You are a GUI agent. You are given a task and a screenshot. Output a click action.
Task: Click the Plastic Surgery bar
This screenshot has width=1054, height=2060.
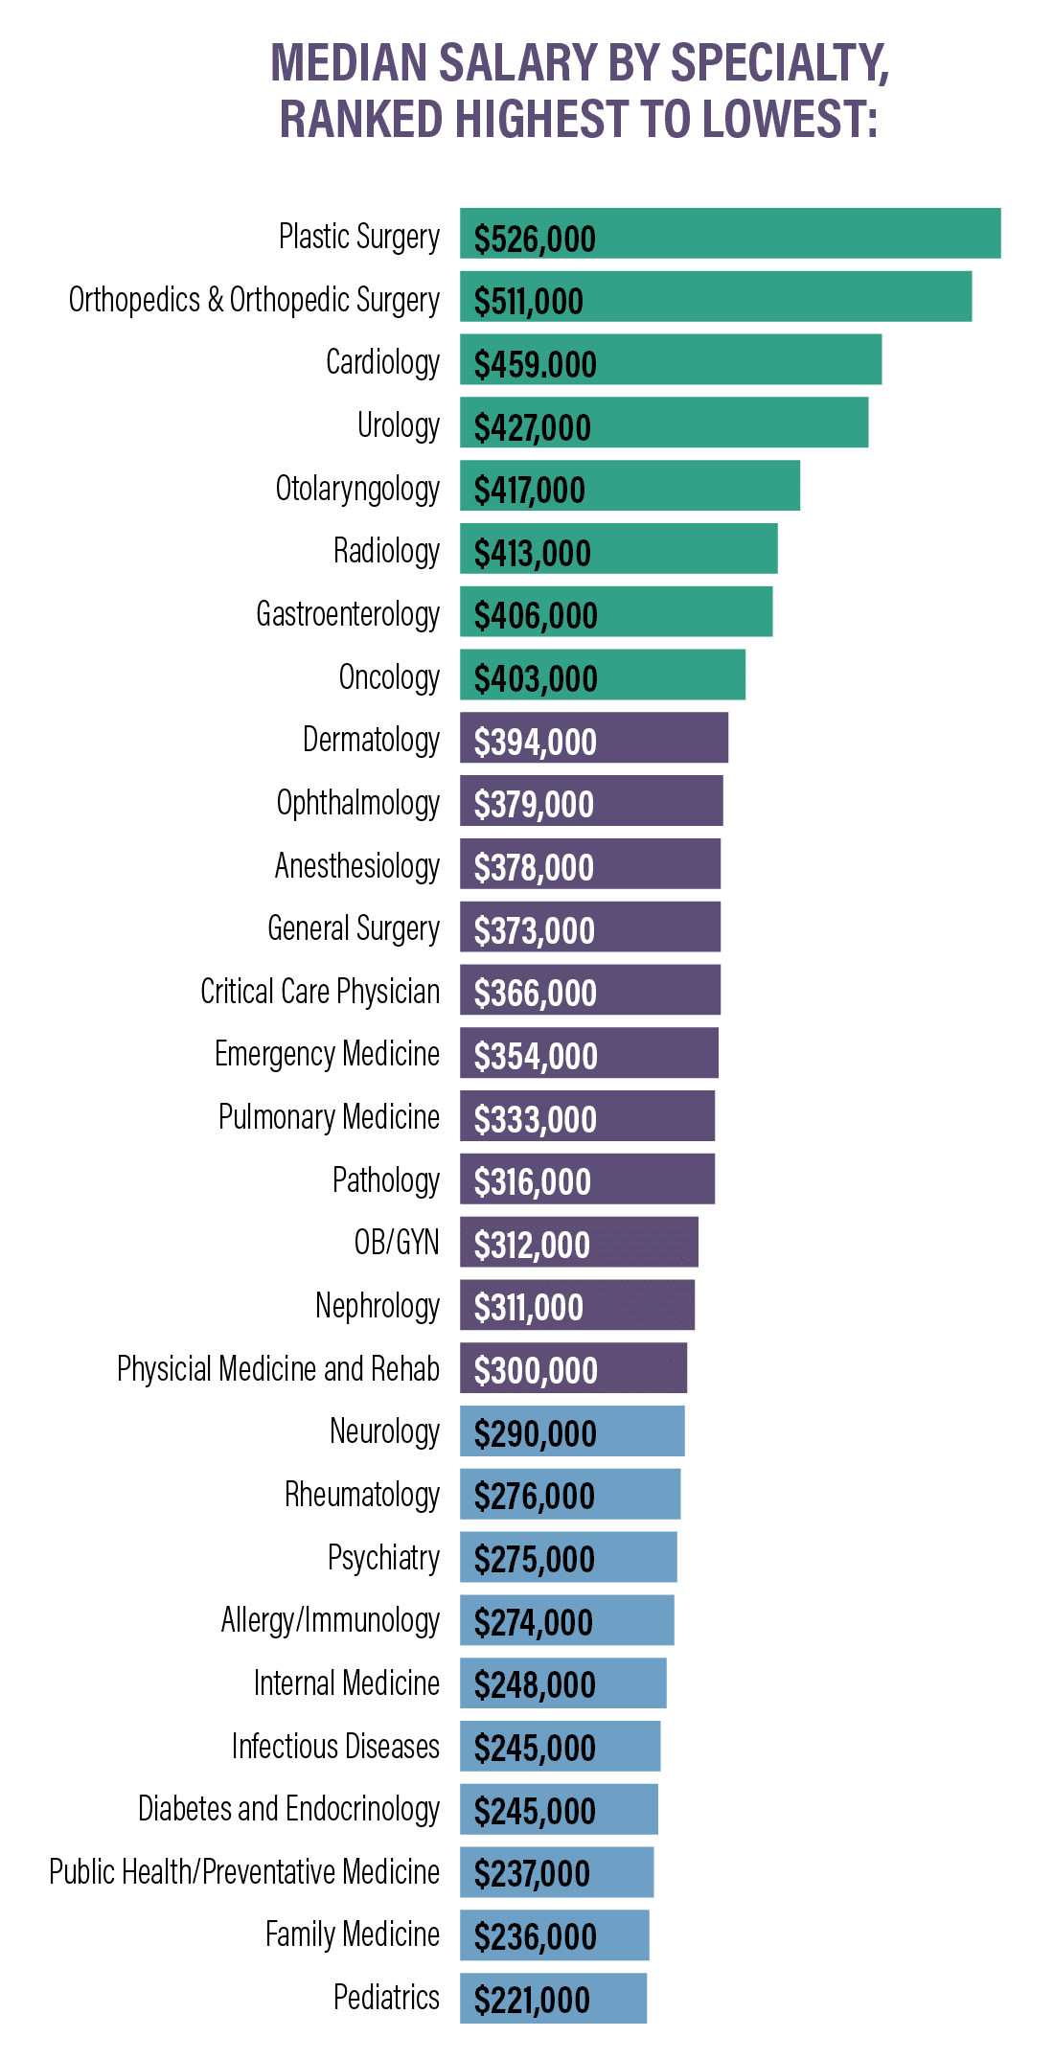(x=730, y=234)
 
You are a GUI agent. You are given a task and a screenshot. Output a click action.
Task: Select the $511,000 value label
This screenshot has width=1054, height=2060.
(x=528, y=302)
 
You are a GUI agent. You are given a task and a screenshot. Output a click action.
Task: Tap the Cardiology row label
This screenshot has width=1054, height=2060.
(x=382, y=362)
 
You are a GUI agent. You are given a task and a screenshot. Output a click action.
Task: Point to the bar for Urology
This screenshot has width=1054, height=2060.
(x=664, y=423)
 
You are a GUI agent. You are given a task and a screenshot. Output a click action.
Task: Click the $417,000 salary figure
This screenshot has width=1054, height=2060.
(x=529, y=491)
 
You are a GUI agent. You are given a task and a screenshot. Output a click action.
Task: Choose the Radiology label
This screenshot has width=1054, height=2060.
(x=386, y=551)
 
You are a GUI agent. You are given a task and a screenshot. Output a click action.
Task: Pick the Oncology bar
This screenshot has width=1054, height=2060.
(x=603, y=675)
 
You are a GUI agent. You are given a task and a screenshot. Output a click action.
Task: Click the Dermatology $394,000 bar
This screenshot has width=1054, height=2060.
(x=594, y=738)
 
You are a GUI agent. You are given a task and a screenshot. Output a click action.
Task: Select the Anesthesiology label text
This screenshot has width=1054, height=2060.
(x=356, y=866)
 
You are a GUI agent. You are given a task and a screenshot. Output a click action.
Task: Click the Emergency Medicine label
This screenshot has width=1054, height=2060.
(x=327, y=1054)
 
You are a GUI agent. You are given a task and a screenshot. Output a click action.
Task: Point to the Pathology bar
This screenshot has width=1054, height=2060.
(x=587, y=1179)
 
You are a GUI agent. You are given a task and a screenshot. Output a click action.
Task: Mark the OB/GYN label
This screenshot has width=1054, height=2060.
(x=397, y=1243)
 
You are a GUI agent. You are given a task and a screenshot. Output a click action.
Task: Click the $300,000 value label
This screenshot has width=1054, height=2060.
(x=536, y=1371)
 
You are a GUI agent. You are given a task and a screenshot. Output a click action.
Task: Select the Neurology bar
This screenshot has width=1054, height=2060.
(x=572, y=1431)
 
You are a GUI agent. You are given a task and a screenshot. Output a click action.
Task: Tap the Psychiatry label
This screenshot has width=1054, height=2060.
(x=383, y=1558)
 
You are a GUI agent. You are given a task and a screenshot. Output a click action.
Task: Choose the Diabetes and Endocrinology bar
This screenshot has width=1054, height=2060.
(x=559, y=1809)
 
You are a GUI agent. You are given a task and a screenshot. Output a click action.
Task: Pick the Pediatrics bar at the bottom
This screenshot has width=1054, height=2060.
(x=553, y=1999)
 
